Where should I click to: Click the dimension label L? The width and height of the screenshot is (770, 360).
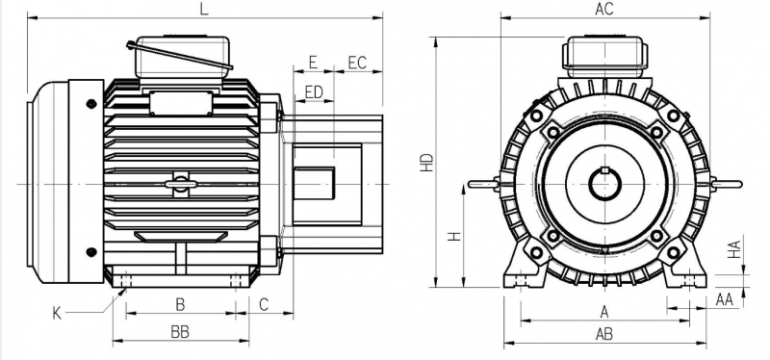(x=204, y=9)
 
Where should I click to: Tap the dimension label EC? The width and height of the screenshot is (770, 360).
(x=357, y=63)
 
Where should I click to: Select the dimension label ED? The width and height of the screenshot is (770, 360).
(x=315, y=92)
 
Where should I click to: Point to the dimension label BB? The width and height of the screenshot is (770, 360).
(x=180, y=332)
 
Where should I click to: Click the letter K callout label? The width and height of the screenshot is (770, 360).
(x=58, y=314)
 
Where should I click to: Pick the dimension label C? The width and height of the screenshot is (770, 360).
(x=264, y=304)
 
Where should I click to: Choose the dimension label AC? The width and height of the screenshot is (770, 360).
(x=604, y=9)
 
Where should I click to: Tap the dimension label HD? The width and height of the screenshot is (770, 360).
(x=427, y=163)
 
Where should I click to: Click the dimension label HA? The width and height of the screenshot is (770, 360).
(x=733, y=249)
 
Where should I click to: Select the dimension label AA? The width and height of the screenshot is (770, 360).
(x=725, y=299)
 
